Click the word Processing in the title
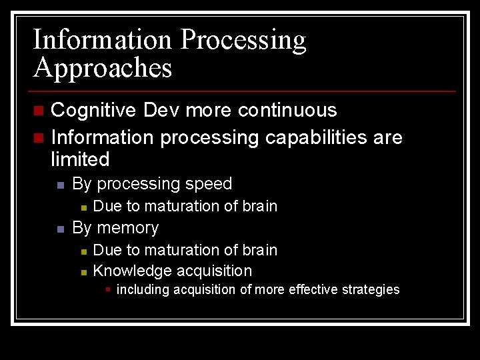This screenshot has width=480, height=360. point(243,41)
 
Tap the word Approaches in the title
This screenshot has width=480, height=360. point(103,68)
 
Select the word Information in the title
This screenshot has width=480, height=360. point(103,39)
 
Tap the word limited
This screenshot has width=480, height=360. point(80,159)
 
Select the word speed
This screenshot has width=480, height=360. point(210,184)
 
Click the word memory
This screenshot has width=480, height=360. point(127,228)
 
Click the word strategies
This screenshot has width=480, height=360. point(368,289)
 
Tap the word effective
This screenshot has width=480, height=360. point(313,289)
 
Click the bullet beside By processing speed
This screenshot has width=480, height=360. point(60,185)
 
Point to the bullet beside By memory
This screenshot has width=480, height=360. point(60,229)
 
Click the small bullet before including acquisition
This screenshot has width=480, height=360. point(108,289)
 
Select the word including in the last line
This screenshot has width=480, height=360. point(143,289)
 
